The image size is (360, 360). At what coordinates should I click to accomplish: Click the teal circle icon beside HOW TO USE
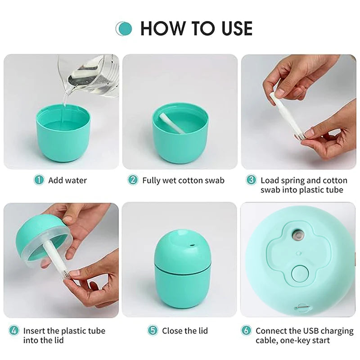[124, 28]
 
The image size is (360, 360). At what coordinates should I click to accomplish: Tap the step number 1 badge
[40, 180]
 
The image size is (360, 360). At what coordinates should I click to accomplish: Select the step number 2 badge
[133, 180]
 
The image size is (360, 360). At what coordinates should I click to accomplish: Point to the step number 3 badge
[251, 180]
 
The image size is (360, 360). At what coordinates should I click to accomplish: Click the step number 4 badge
[14, 331]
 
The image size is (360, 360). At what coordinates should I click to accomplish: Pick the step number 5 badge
[153, 331]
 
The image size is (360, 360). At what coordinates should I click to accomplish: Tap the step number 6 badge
[246, 331]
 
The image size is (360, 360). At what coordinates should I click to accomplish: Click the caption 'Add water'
[67, 180]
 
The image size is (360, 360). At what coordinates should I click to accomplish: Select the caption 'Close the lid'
[184, 331]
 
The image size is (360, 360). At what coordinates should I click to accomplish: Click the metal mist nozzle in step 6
[297, 234]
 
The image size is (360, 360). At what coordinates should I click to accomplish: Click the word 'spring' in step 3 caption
[292, 180]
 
